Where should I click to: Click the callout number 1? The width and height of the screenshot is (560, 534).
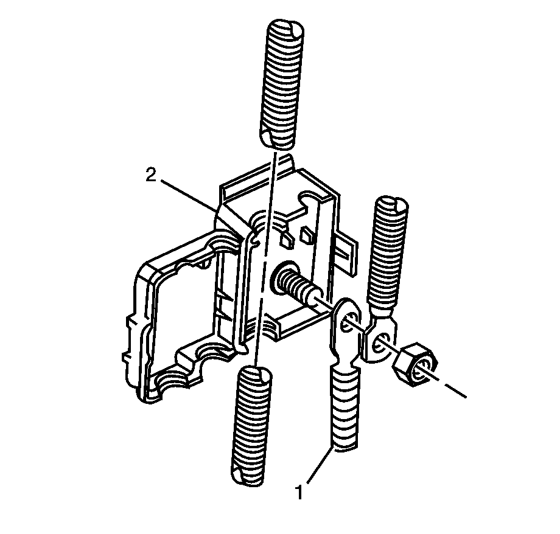(x=299, y=492)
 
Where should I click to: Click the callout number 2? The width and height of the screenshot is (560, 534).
(x=151, y=175)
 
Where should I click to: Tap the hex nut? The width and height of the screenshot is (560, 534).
(x=415, y=365)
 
